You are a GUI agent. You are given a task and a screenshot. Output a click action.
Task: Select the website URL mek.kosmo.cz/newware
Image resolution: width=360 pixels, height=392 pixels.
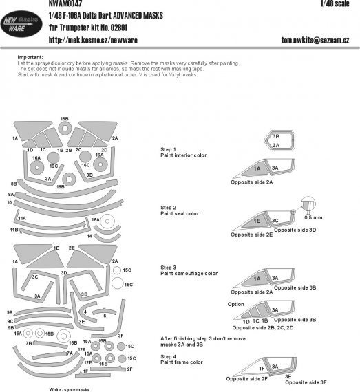coord(94,41)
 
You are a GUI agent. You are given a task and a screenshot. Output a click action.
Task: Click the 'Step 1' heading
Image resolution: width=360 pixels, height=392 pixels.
coord(169,149)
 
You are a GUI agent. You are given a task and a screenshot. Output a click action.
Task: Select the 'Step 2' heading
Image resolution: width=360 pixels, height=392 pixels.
coord(169,207)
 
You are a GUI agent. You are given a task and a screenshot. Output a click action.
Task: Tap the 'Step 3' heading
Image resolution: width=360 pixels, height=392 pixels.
coord(169,266)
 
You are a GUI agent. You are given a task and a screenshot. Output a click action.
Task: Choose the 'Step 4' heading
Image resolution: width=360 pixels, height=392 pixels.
coord(169,356)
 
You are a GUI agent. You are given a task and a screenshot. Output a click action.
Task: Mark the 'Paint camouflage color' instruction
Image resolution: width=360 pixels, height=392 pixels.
coord(189,273)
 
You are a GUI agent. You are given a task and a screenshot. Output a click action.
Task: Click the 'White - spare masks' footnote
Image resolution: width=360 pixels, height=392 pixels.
coord(69,389)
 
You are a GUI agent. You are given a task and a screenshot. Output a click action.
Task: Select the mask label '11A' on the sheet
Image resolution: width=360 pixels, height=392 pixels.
coord(22,218)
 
